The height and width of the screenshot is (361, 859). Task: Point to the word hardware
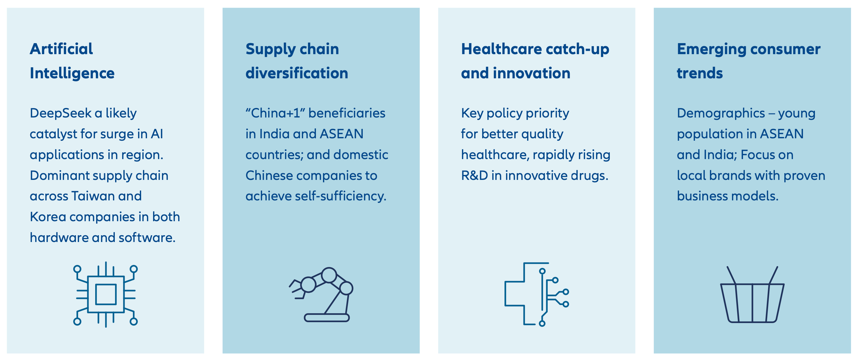(59, 237)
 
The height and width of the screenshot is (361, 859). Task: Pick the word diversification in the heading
(297, 73)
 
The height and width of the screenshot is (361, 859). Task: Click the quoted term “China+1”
(276, 113)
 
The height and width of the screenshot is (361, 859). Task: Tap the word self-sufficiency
(341, 196)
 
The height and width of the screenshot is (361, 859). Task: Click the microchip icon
(106, 294)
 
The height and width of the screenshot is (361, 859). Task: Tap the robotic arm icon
(321, 294)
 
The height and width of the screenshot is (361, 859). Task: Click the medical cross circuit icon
(537, 294)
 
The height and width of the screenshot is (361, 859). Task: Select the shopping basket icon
(752, 294)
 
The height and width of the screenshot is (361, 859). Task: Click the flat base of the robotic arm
(327, 318)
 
